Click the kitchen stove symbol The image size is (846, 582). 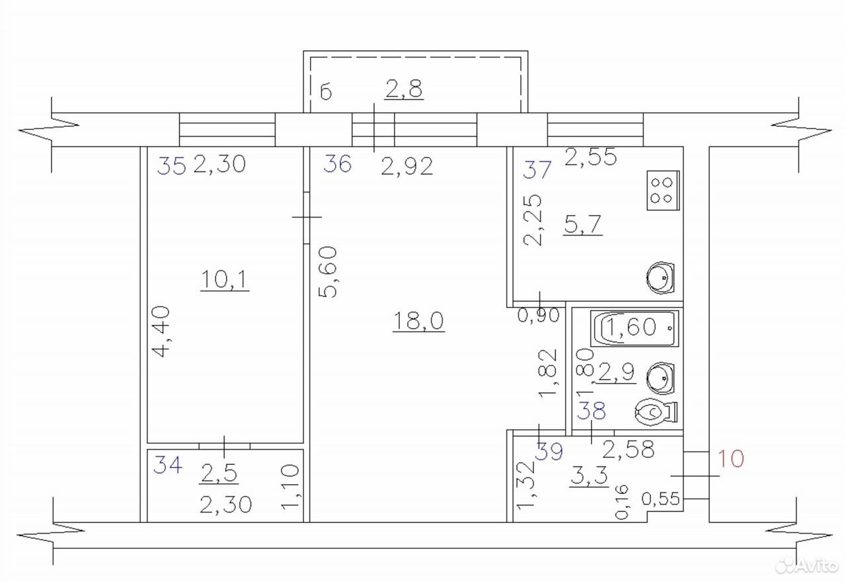(663, 190)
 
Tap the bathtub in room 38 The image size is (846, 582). (634, 328)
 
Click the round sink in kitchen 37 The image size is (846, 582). (660, 278)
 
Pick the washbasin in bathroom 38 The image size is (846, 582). (660, 378)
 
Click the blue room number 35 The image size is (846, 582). (171, 166)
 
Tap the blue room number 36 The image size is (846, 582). (338, 164)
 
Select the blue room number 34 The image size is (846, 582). (168, 464)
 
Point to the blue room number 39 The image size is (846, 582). (549, 451)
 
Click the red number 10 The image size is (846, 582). (730, 458)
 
